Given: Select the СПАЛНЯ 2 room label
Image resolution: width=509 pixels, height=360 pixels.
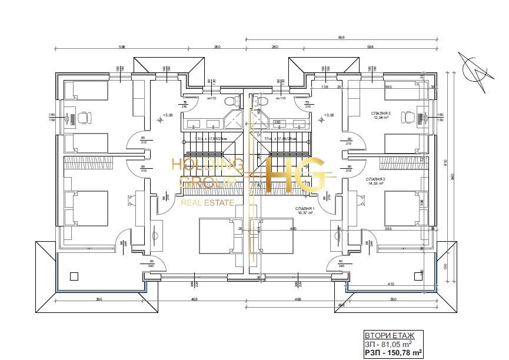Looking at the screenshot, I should point(375,178).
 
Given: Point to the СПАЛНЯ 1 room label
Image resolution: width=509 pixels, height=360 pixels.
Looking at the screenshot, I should point(305,208).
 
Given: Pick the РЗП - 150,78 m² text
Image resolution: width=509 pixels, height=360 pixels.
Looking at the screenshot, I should point(393,352).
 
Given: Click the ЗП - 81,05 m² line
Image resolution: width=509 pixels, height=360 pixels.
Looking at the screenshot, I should point(388,344).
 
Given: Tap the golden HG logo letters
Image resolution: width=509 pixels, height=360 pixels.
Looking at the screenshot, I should point(294,175).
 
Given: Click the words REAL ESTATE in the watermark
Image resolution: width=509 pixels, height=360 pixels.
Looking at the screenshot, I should point(207,202).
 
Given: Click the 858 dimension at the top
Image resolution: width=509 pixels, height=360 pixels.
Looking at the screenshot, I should point(341,38).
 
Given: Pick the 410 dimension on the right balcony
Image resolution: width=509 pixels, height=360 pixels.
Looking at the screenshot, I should point(390,284).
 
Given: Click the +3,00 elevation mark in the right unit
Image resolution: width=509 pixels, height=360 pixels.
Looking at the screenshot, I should point(328,115).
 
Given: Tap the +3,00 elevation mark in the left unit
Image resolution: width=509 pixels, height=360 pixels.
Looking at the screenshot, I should point(167,115).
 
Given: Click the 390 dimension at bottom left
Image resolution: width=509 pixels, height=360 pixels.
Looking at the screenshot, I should point(98,299).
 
